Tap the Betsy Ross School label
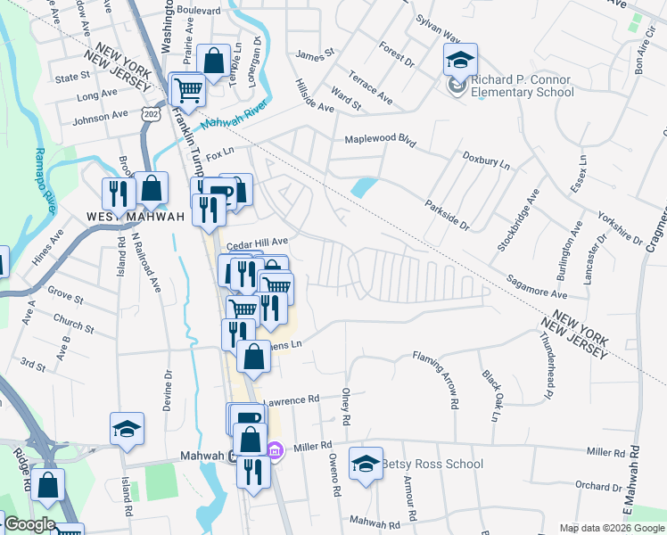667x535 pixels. point(432,464)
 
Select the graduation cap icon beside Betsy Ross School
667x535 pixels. point(366,463)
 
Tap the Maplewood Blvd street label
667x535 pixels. point(381,140)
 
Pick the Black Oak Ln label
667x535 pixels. point(490,395)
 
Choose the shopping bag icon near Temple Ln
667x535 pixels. point(213,62)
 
